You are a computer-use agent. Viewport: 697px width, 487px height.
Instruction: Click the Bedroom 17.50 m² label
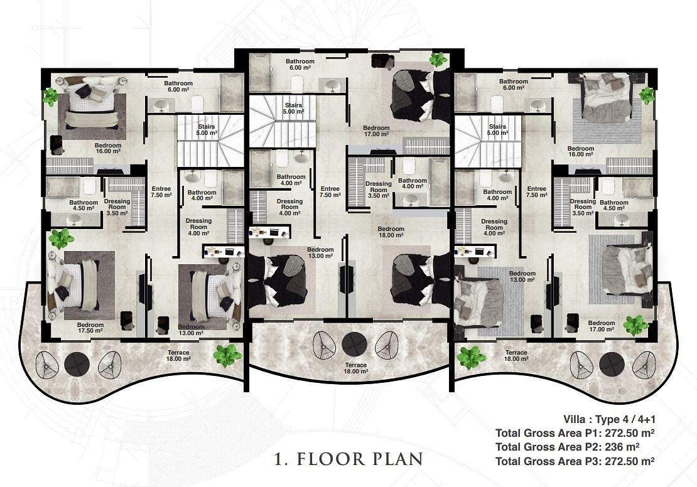click(x=90, y=328)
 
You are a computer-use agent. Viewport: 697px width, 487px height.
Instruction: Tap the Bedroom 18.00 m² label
click(x=391, y=232)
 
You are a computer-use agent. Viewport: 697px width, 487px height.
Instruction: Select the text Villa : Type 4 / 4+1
click(x=610, y=419)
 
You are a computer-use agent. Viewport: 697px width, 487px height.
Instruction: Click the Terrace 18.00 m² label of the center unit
click(x=356, y=368)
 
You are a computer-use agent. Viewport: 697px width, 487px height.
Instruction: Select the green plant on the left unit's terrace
click(x=227, y=355)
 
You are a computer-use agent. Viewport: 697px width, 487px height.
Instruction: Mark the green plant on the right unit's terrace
click(x=471, y=358)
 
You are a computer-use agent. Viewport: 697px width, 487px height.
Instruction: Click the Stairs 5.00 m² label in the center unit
click(x=293, y=109)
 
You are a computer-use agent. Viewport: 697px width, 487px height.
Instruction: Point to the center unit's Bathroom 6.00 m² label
click(x=300, y=65)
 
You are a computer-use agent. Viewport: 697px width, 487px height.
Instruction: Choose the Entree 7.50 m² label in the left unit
click(x=161, y=192)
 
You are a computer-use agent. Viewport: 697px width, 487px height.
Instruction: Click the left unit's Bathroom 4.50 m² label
click(x=84, y=205)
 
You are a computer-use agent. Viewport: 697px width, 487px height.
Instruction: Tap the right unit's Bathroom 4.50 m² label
click(x=614, y=205)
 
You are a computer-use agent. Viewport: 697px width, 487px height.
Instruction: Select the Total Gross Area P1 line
click(x=575, y=433)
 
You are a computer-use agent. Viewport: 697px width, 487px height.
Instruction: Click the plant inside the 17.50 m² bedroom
click(x=62, y=238)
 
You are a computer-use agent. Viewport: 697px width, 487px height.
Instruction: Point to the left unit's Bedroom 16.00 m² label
click(x=107, y=148)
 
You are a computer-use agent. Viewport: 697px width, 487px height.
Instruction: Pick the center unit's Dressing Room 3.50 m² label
click(x=379, y=190)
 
